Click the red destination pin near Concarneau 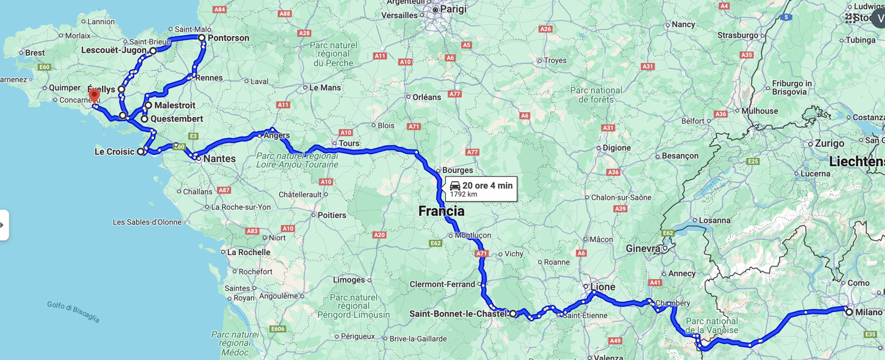[94, 95]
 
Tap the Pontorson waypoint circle [202, 38]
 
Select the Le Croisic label [114, 152]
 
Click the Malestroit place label [175, 106]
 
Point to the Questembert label [176, 119]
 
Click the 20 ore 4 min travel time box [481, 189]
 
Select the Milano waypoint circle [849, 312]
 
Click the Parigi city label [453, 10]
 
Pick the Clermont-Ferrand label [443, 284]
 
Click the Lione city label [602, 287]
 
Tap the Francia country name [441, 211]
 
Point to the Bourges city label [457, 170]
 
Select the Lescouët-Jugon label [114, 50]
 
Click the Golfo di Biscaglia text [73, 312]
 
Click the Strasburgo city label [737, 35]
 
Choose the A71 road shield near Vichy [482, 254]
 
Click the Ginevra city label [643, 248]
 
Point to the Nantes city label [219, 159]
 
